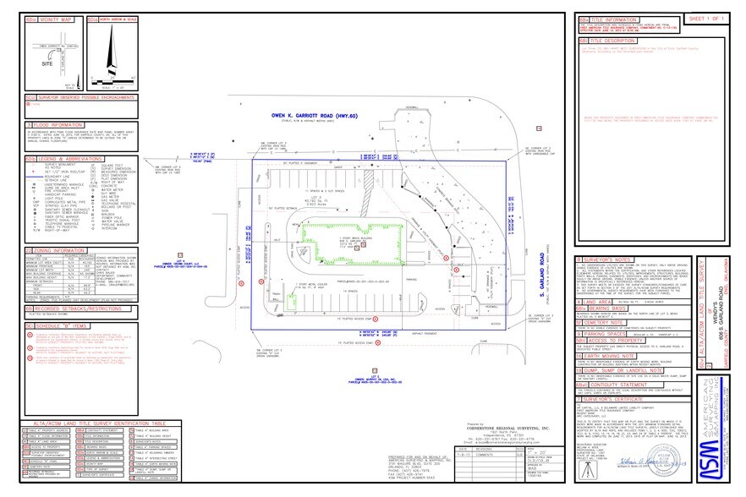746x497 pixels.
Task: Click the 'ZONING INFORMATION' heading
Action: click(x=58, y=250)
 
